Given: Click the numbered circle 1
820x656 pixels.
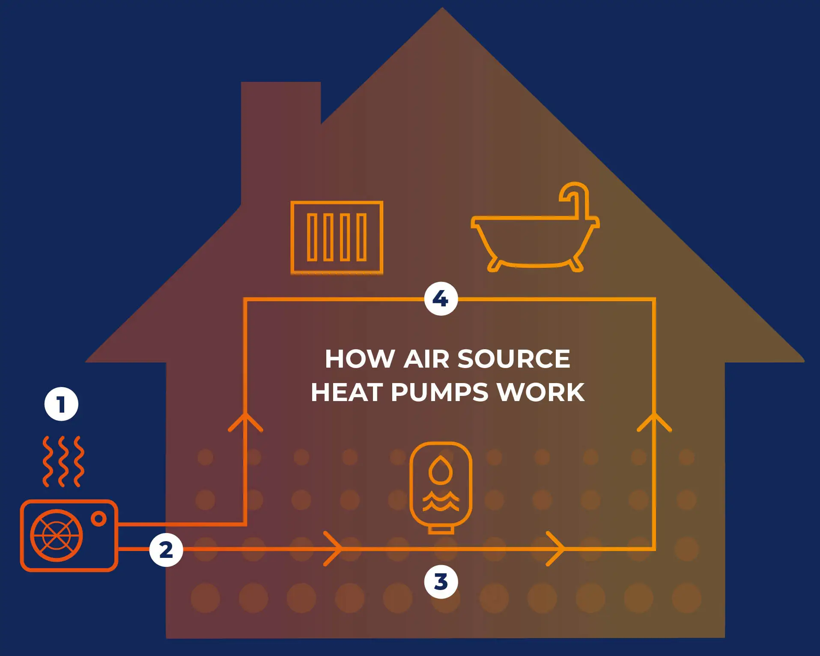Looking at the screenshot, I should [x=61, y=404].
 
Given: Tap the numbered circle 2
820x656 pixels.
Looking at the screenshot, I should [x=166, y=550].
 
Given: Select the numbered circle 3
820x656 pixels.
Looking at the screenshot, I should [x=441, y=582].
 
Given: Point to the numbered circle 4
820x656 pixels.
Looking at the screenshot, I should [x=441, y=299].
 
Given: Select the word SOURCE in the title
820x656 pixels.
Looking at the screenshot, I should [x=514, y=359].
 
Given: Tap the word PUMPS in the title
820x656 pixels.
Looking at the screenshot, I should [x=439, y=392].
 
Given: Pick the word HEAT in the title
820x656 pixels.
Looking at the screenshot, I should [x=347, y=392].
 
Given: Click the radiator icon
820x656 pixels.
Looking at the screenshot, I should [x=337, y=237].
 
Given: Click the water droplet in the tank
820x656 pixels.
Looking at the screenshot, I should [x=441, y=470].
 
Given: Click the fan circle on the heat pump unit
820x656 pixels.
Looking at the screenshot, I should [x=56, y=535].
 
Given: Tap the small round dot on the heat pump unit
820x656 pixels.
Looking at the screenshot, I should [x=99, y=518].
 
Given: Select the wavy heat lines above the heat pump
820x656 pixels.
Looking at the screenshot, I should [x=63, y=461].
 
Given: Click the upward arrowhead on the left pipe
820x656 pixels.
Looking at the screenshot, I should [x=245, y=422].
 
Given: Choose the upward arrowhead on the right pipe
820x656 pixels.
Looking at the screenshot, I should [x=654, y=422].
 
